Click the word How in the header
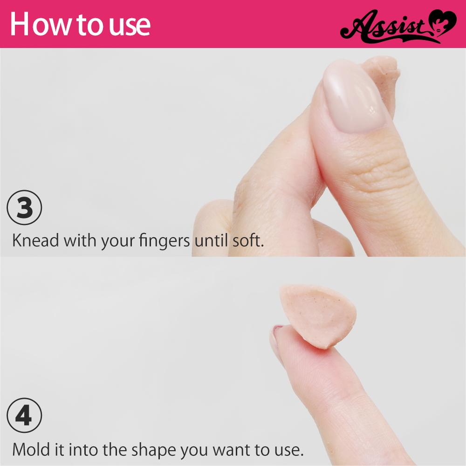40,24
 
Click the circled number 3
24,207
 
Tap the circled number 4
24,416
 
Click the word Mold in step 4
31,449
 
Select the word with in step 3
80,240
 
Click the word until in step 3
211,240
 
